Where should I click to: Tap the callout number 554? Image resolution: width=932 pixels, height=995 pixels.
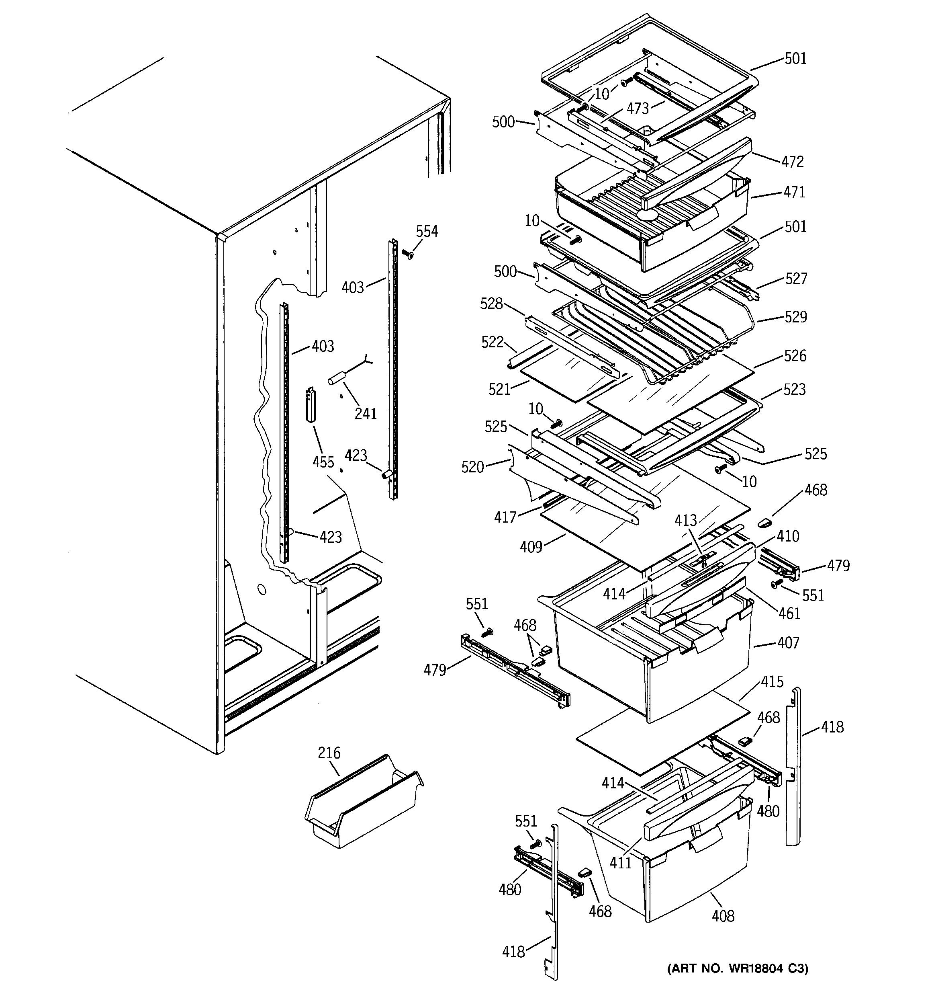click(x=427, y=231)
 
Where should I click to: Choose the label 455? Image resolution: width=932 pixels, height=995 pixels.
click(x=323, y=462)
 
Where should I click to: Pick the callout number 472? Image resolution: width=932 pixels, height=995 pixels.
click(x=793, y=162)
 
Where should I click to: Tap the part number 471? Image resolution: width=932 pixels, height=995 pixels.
click(x=794, y=192)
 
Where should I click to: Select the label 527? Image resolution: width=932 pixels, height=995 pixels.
click(x=796, y=278)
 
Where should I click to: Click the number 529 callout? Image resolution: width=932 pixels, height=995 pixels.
click(x=795, y=317)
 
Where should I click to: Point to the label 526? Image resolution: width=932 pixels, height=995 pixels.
click(x=795, y=356)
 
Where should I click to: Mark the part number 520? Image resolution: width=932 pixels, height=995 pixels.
click(x=472, y=467)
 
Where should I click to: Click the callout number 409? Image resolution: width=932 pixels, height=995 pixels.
click(x=531, y=547)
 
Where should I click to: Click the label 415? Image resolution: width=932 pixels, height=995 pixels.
click(x=772, y=682)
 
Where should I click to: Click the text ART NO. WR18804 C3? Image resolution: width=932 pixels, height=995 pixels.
click(x=738, y=968)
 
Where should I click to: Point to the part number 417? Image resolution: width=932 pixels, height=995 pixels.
click(x=505, y=517)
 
